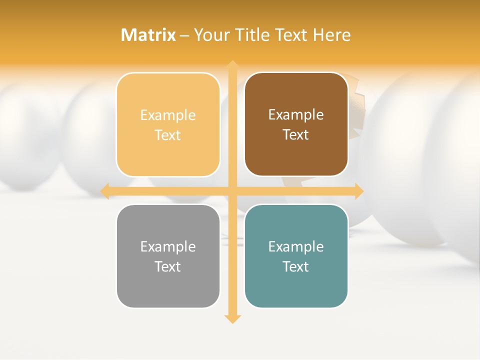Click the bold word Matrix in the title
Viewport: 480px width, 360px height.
(148, 35)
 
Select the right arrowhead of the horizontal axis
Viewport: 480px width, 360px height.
(358, 191)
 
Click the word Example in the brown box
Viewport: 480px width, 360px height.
(296, 115)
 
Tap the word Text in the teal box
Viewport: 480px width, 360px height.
(296, 266)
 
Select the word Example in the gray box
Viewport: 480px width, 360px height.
(168, 246)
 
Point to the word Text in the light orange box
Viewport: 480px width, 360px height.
(168, 135)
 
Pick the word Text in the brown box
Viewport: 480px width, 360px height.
(296, 135)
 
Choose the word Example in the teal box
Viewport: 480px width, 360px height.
(296, 246)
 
